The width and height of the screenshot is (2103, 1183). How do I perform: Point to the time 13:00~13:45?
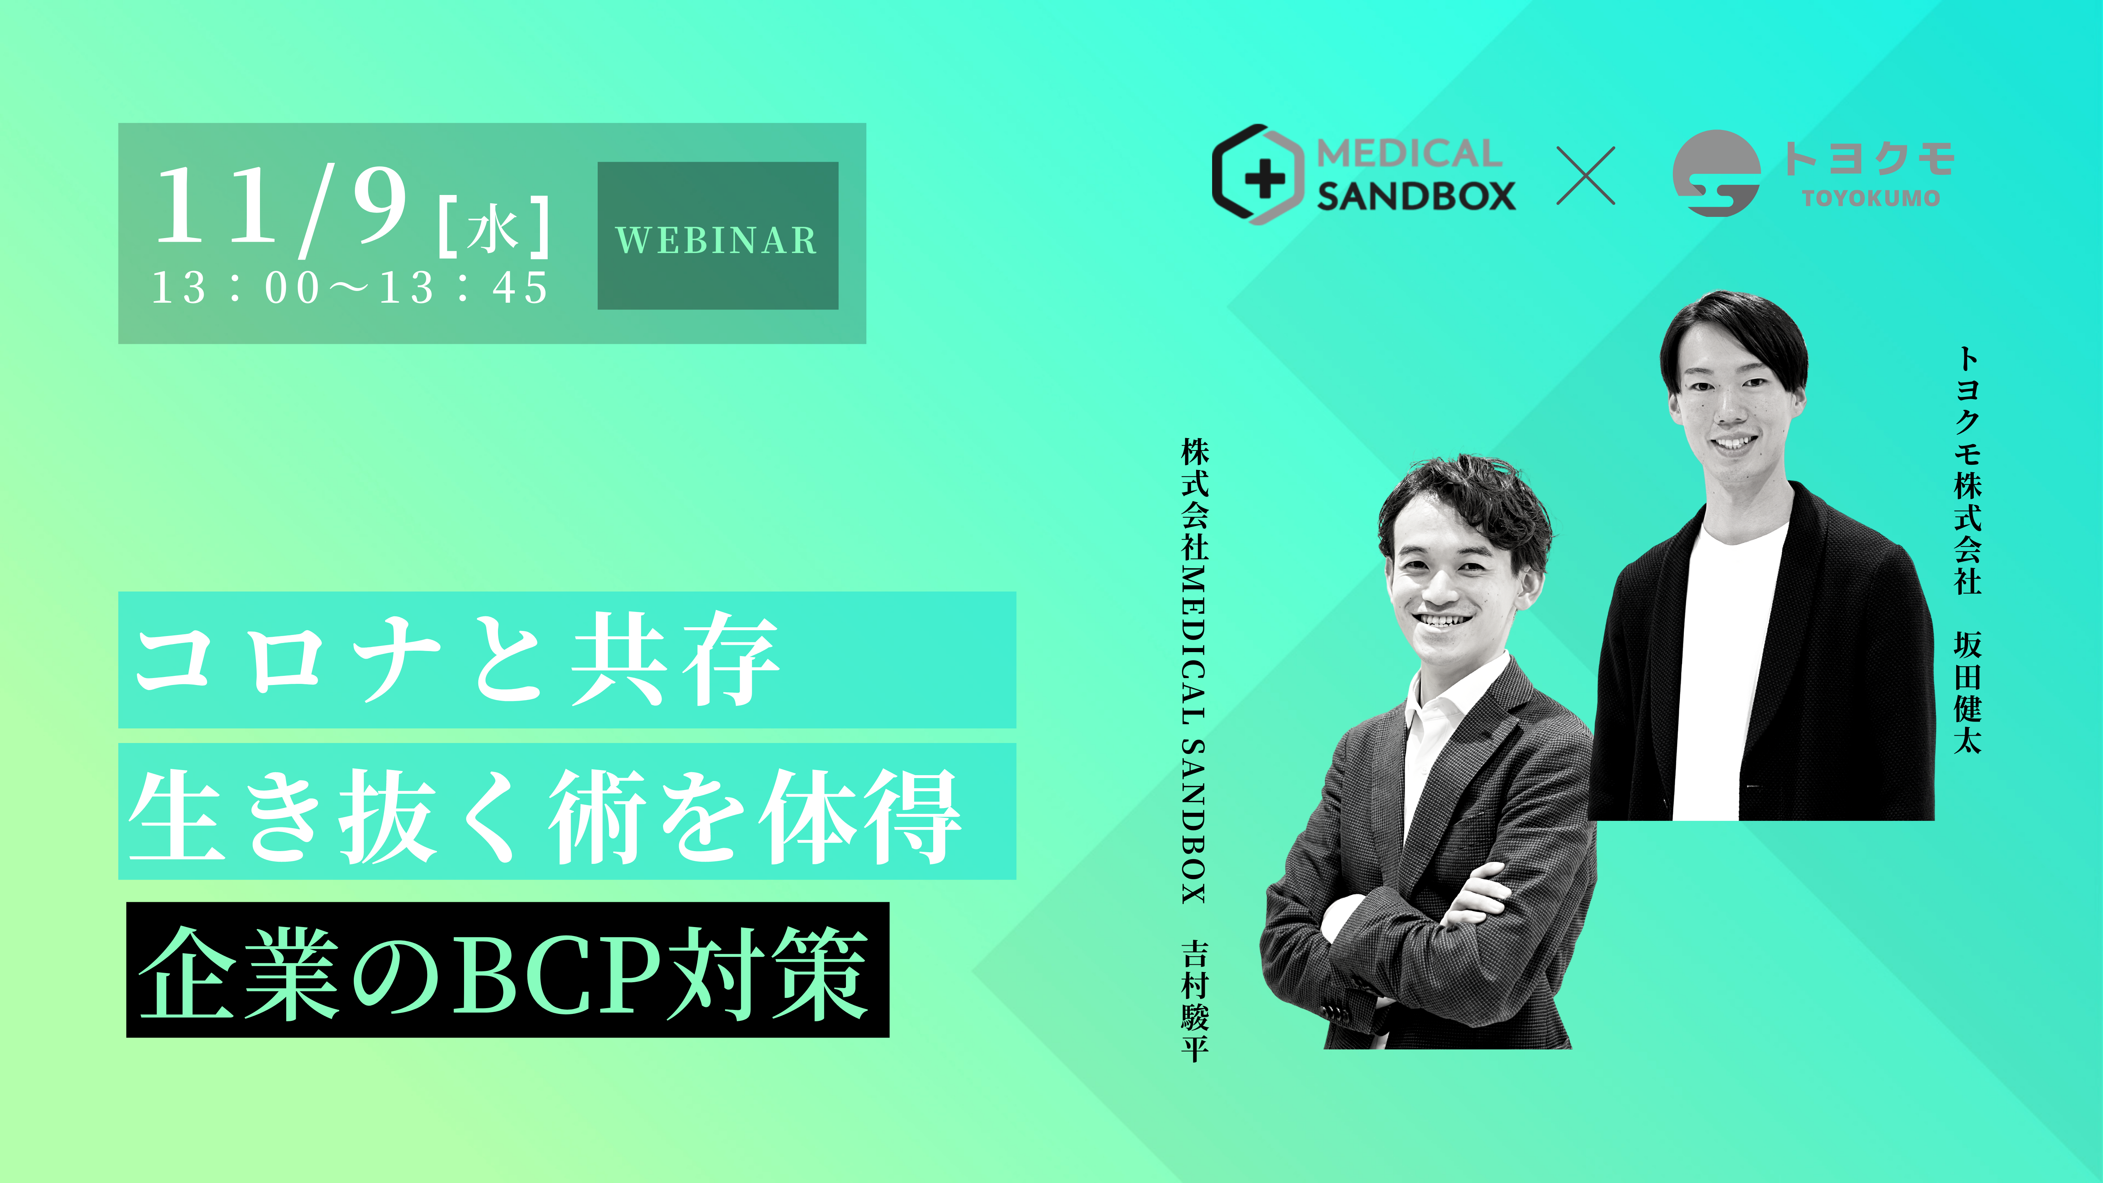(349, 288)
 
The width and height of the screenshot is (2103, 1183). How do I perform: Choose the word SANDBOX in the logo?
(1416, 196)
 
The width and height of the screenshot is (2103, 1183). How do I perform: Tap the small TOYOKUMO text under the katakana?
(1870, 198)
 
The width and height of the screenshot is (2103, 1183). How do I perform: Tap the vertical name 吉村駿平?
(1194, 1002)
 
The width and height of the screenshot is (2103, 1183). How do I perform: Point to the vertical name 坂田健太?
(1968, 692)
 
